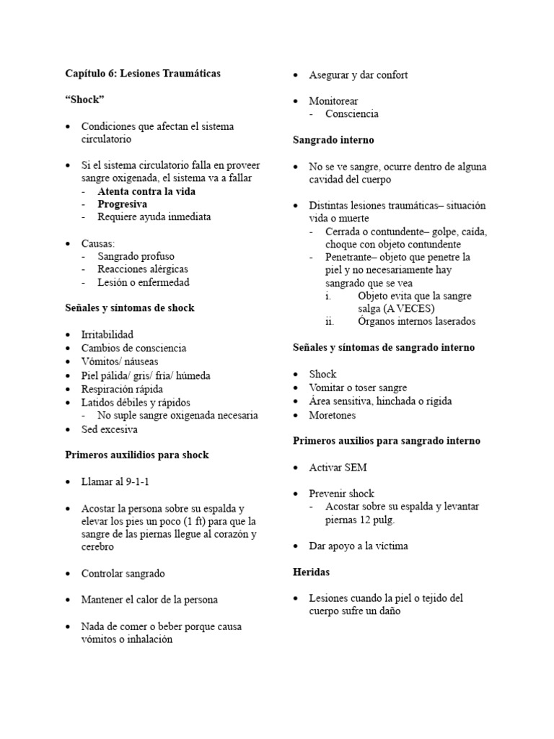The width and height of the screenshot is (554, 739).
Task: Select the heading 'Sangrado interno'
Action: pyautogui.click(x=333, y=140)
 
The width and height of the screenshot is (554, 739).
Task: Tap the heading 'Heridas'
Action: pyautogui.click(x=312, y=572)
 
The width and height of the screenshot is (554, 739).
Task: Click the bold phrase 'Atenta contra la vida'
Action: pyautogui.click(x=146, y=192)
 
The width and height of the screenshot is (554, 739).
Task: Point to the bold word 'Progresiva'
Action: pyautogui.click(x=123, y=204)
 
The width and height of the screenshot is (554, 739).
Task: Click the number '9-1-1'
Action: pyautogui.click(x=131, y=481)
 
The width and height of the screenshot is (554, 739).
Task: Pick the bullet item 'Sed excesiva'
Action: pyautogui.click(x=109, y=429)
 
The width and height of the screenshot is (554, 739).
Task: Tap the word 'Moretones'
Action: pyautogui.click(x=333, y=415)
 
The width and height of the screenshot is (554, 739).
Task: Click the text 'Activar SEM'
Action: pyautogui.click(x=338, y=468)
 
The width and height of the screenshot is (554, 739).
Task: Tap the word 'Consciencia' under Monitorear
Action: pyautogui.click(x=352, y=114)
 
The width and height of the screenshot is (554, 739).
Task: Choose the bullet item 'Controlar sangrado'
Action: pyautogui.click(x=123, y=574)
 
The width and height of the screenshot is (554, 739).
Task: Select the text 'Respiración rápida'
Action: pyautogui.click(x=123, y=389)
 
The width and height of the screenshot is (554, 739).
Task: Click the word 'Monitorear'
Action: pyautogui.click(x=333, y=101)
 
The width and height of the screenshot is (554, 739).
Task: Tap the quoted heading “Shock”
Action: pyautogui.click(x=84, y=100)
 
